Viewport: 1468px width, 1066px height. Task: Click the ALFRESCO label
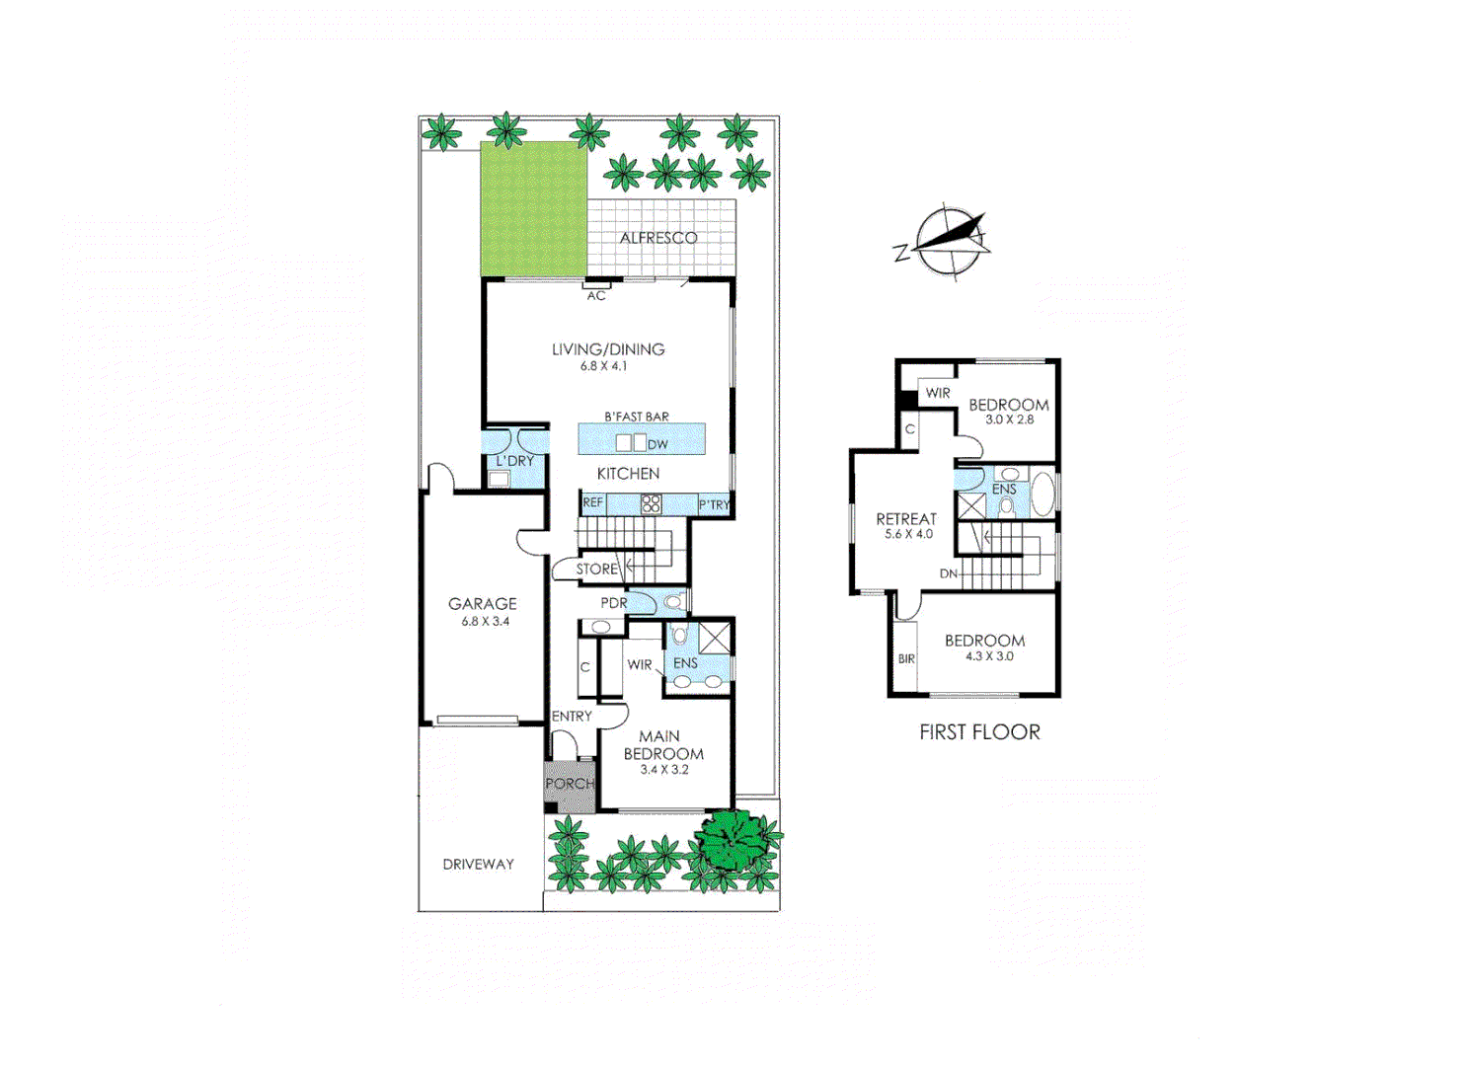pos(657,238)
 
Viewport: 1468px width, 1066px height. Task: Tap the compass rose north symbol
pos(951,240)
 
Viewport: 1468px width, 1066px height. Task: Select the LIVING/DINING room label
pos(608,349)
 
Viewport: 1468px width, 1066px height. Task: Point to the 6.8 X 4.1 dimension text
pos(603,366)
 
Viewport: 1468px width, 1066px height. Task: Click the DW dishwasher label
pos(657,444)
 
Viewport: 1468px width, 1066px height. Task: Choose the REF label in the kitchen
pos(592,502)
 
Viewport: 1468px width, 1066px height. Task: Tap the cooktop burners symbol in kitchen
pos(651,504)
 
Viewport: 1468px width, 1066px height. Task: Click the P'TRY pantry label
pos(714,504)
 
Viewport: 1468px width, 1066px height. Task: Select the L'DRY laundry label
pos(514,461)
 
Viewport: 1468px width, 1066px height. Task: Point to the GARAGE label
pos(483,603)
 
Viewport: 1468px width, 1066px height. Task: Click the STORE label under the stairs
pos(596,570)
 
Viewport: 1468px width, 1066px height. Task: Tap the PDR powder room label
pos(614,603)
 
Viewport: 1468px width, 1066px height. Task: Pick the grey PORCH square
pos(570,786)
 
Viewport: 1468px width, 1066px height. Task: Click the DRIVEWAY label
pos(478,865)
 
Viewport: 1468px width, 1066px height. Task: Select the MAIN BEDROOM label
pos(662,745)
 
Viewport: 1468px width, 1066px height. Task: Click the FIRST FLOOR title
pos(979,732)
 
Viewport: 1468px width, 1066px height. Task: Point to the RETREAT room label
pos(906,519)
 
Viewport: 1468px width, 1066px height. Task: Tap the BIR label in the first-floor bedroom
pos(906,659)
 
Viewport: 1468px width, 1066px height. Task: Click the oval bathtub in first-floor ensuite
pos(1042,495)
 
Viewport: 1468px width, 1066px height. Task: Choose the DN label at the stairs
pos(948,573)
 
